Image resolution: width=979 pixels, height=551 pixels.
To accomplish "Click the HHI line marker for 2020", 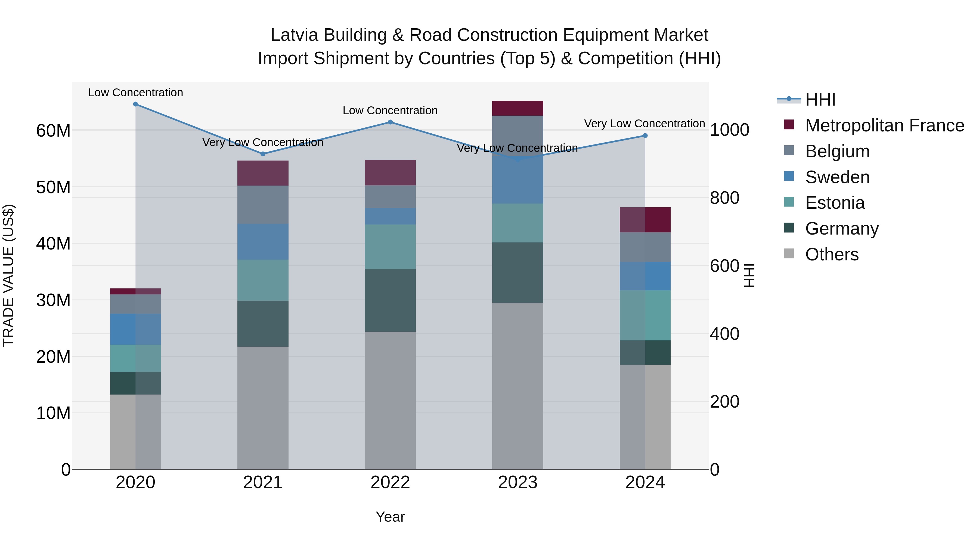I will point(135,104).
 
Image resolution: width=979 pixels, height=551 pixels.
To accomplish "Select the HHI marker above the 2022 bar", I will point(390,122).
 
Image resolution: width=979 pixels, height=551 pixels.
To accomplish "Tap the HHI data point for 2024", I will point(645,136).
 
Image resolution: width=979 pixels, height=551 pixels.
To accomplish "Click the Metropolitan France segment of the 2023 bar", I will point(517,108).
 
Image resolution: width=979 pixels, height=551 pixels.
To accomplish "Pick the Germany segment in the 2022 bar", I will point(390,300).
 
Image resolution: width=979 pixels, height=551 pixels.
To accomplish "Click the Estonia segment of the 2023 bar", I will point(517,223).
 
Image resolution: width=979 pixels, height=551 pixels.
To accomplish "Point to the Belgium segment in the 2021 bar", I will point(263,205).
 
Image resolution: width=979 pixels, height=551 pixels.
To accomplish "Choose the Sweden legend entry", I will point(837,177).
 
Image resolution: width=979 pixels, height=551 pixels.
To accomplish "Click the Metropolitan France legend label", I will point(884,125).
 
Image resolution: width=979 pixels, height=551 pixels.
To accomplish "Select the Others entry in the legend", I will point(832,254).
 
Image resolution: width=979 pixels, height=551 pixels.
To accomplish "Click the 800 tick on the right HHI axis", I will point(724,198).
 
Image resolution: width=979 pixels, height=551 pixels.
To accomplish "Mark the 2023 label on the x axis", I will point(517,482).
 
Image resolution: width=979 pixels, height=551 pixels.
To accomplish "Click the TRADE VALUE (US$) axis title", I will point(8,275).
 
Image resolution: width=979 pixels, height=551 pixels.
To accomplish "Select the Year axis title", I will point(390,517).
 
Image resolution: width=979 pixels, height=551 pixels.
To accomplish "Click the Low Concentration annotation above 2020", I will point(135,93).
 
